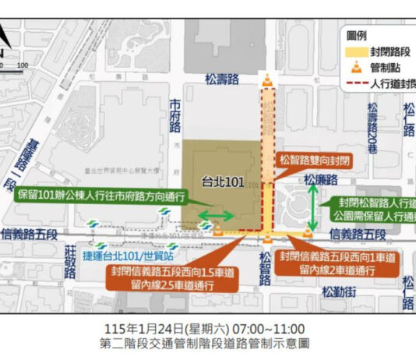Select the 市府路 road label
175,115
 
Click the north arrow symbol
6,37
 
